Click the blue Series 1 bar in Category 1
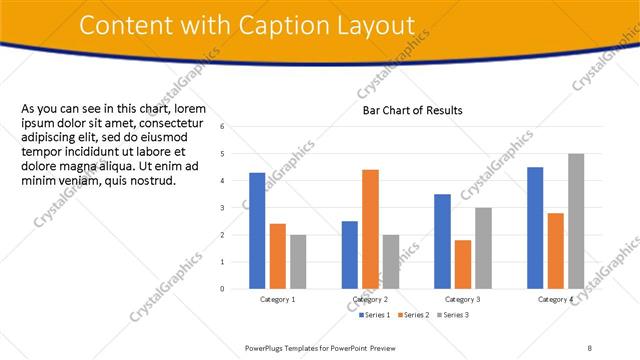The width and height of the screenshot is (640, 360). pos(257,230)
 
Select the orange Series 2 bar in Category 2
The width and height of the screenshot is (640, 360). pos(370,229)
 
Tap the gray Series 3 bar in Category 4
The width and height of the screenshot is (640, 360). pos(576,221)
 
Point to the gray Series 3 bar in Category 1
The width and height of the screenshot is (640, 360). pos(298,261)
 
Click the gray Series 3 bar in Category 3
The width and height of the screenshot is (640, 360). pos(483,248)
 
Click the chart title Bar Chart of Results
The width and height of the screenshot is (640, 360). pos(413,110)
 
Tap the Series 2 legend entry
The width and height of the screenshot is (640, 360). pos(414,315)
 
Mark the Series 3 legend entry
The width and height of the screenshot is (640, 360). pos(454,315)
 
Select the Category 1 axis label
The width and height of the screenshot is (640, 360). pos(277,299)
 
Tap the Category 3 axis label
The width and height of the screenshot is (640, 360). pos(463,299)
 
